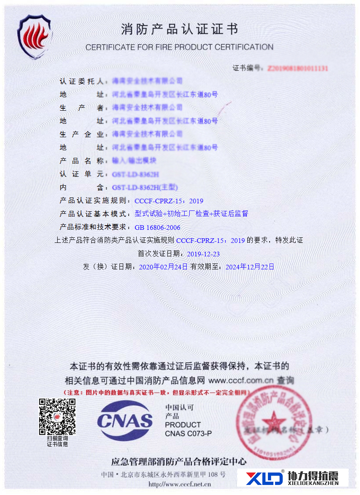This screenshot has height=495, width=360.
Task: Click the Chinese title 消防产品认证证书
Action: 180,29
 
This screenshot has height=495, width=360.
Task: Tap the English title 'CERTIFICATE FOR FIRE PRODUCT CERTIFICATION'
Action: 180,47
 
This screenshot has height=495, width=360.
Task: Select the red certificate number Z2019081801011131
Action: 297,68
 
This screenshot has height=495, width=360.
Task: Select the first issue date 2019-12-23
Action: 203,254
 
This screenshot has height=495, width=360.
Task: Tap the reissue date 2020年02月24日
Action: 163,267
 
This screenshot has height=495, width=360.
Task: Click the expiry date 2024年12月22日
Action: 250,267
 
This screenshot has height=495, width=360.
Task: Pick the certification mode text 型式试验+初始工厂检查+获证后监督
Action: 191,214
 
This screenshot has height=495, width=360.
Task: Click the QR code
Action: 57,416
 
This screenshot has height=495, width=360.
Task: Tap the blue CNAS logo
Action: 125,420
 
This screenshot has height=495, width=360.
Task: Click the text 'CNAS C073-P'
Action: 188,434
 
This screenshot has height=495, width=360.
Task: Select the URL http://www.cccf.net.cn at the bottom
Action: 180,484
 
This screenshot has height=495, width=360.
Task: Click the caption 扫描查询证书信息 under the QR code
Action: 57,442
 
